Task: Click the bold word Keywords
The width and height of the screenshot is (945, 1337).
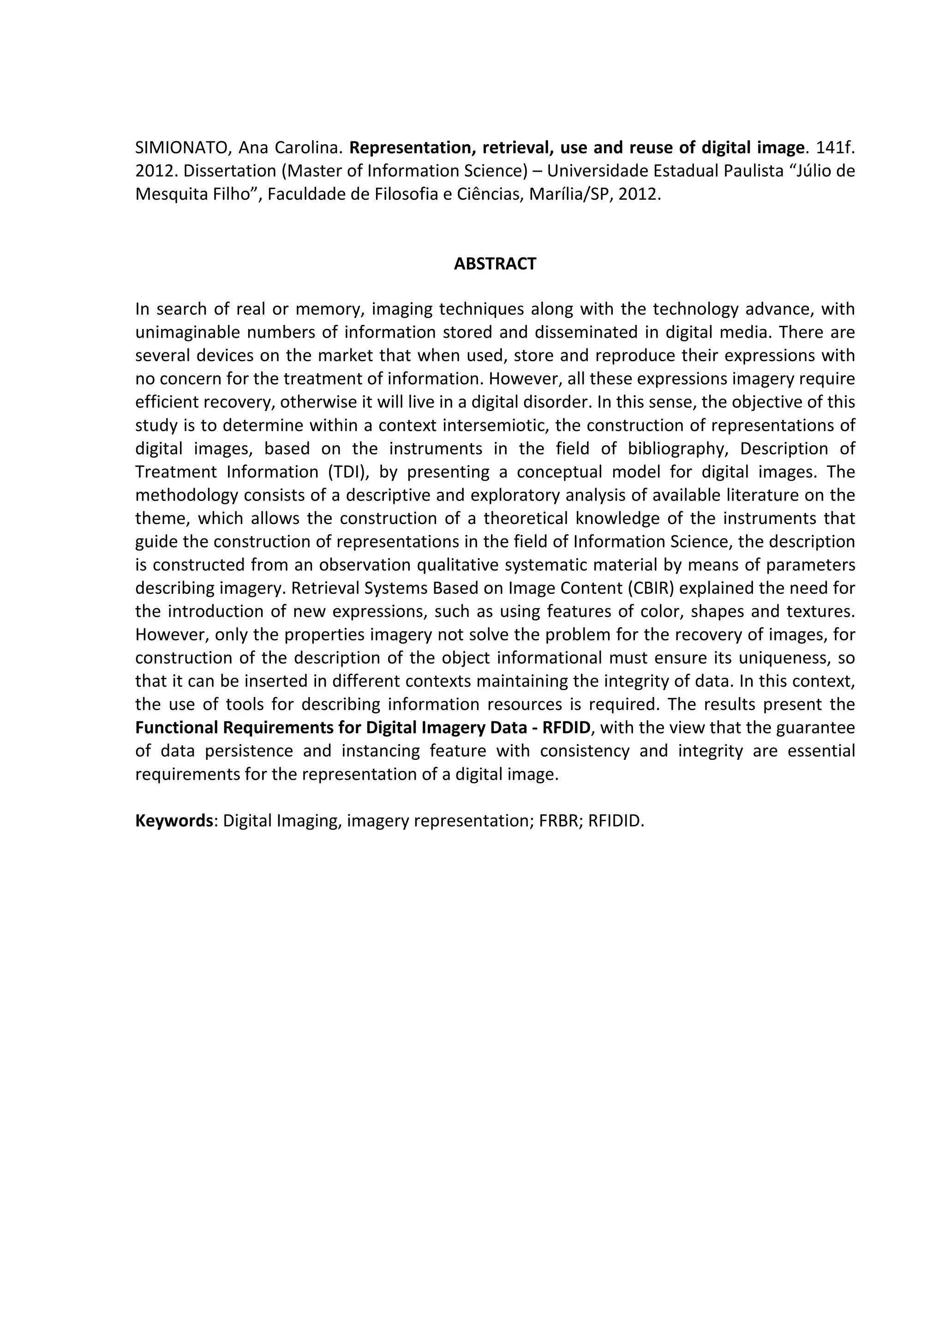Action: coord(173,821)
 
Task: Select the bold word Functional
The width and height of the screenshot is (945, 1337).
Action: coord(175,728)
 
